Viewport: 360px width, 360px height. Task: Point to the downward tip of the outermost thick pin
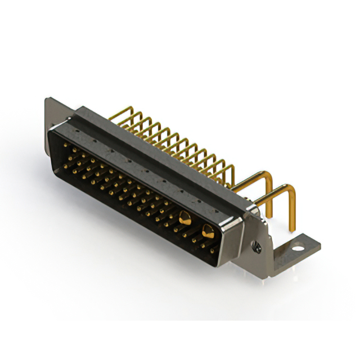point(292,228)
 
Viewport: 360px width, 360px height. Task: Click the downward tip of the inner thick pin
point(269,214)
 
